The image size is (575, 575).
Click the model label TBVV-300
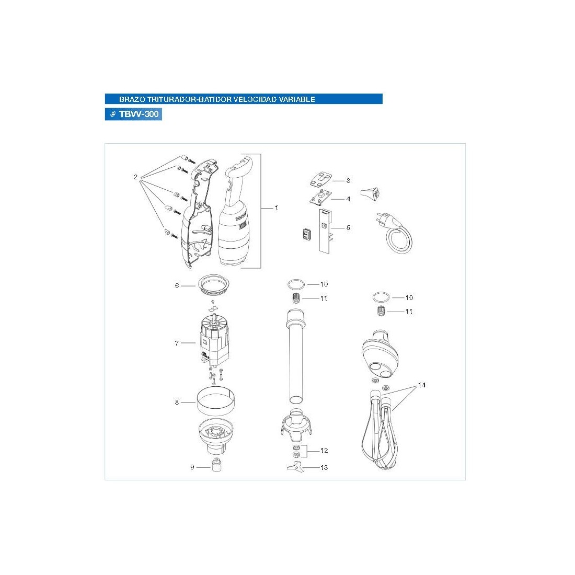(139, 114)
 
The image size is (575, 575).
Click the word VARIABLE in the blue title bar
(297, 99)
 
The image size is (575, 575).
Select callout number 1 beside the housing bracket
(276, 208)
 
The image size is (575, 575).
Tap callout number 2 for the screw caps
(136, 177)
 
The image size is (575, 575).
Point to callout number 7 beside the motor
(177, 343)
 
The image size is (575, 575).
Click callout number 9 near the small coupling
(192, 467)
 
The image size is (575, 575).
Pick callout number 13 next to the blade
(324, 467)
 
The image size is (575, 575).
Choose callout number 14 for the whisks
(422, 385)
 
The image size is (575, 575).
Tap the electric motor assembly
(214, 341)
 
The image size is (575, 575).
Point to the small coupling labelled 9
(217, 465)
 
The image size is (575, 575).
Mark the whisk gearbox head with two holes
(381, 354)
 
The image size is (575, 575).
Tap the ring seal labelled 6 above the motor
(215, 285)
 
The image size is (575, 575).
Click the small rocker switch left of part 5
(306, 234)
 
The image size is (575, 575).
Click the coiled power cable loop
(400, 240)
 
